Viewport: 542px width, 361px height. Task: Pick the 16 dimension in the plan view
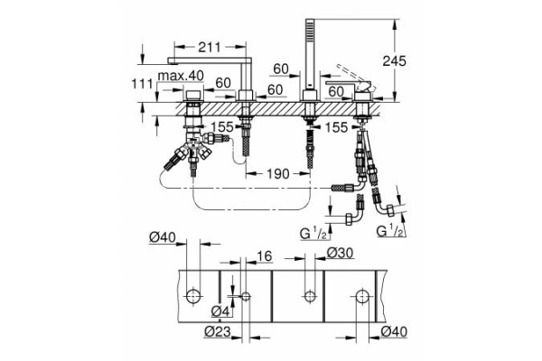point(264,255)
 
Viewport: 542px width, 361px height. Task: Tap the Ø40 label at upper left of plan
point(163,238)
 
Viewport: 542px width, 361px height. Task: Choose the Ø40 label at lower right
point(396,332)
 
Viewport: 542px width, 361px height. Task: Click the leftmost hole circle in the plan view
point(194,296)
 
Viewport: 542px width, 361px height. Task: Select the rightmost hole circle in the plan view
point(361,296)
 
